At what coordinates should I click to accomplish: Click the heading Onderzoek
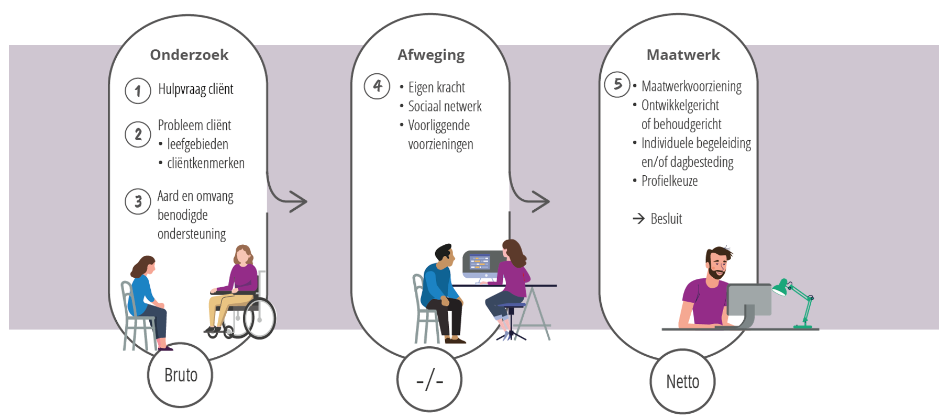(x=189, y=55)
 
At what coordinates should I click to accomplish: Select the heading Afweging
(x=430, y=55)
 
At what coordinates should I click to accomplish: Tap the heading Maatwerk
(x=683, y=55)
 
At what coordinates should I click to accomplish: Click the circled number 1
(x=138, y=91)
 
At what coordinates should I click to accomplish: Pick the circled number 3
(x=138, y=201)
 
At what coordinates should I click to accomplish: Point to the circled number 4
(x=377, y=86)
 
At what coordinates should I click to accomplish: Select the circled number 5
(x=617, y=84)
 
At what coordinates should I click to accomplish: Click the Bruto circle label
(x=180, y=375)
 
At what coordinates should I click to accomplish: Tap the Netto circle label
(x=682, y=382)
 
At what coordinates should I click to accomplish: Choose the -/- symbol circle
(x=429, y=380)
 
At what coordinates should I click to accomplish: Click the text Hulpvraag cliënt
(x=195, y=89)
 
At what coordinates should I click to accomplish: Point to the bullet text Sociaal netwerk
(x=445, y=106)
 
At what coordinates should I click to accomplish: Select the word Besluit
(x=666, y=219)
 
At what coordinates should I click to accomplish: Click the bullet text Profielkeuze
(x=669, y=181)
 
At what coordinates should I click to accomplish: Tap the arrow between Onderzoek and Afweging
(x=296, y=201)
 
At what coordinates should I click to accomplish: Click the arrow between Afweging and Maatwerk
(x=539, y=201)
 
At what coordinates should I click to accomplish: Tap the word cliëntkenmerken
(x=205, y=163)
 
